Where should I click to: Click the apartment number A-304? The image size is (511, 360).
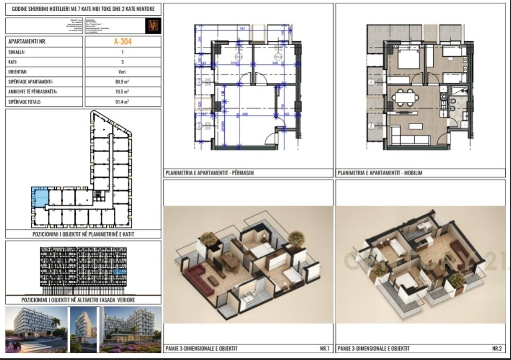123,41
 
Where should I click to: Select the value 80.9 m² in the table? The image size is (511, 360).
123,82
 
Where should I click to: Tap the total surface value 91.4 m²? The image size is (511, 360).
123,102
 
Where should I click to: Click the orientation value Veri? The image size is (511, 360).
123,72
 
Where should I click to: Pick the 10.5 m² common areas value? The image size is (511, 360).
123,92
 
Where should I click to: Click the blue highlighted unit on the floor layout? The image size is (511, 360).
40,197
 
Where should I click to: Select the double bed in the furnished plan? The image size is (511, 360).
408,60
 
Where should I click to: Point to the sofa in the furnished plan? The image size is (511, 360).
410,139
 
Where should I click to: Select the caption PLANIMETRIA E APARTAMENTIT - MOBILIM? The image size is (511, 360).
380,173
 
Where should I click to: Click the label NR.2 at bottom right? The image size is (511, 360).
497,348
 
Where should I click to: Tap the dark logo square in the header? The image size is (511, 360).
153,26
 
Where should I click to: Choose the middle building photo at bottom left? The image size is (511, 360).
83,329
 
